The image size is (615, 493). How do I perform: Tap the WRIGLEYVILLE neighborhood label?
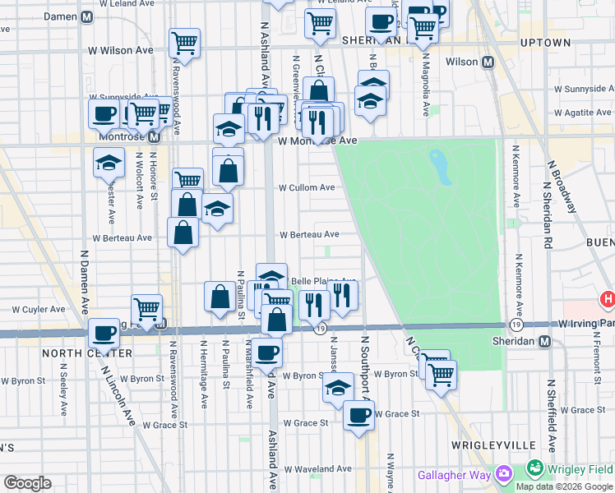[x=488, y=445]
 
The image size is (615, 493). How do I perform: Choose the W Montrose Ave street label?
[x=317, y=141]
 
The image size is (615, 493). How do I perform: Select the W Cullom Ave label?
[x=306, y=187]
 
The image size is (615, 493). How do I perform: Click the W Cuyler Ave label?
[x=37, y=310]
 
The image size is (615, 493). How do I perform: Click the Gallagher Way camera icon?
[x=502, y=473]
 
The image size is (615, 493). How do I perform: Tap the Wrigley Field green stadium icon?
[x=535, y=469]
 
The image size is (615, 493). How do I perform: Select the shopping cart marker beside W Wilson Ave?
[x=185, y=41]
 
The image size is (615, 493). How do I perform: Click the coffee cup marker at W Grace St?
[x=358, y=415]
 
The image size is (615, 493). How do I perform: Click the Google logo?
[x=26, y=483]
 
